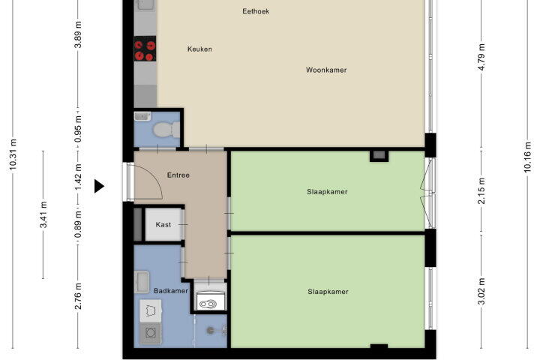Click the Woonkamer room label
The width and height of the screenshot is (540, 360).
(x=326, y=70)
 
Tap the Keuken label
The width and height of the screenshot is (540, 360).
(x=199, y=49)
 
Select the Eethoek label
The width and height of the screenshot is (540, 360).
(x=256, y=11)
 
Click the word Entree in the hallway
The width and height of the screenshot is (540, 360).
(x=178, y=175)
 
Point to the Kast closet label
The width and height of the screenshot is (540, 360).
(x=163, y=224)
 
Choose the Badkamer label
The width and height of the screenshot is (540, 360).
(x=171, y=291)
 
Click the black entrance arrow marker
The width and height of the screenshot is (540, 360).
(x=99, y=186)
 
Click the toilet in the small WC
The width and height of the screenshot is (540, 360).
(x=166, y=130)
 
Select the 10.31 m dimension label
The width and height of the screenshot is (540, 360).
(x=13, y=154)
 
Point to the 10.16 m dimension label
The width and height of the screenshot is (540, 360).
(x=527, y=157)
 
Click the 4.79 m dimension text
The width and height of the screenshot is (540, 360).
(x=481, y=57)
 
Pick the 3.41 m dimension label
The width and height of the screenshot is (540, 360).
(x=43, y=214)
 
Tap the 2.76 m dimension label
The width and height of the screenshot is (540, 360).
(x=78, y=295)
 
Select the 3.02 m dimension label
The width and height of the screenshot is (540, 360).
(x=481, y=291)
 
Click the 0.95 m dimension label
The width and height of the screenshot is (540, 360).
(x=78, y=129)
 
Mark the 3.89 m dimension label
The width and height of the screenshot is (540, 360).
(x=78, y=34)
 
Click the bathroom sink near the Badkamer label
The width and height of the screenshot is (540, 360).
(x=142, y=282)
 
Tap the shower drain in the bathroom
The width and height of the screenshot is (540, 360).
(x=211, y=331)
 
